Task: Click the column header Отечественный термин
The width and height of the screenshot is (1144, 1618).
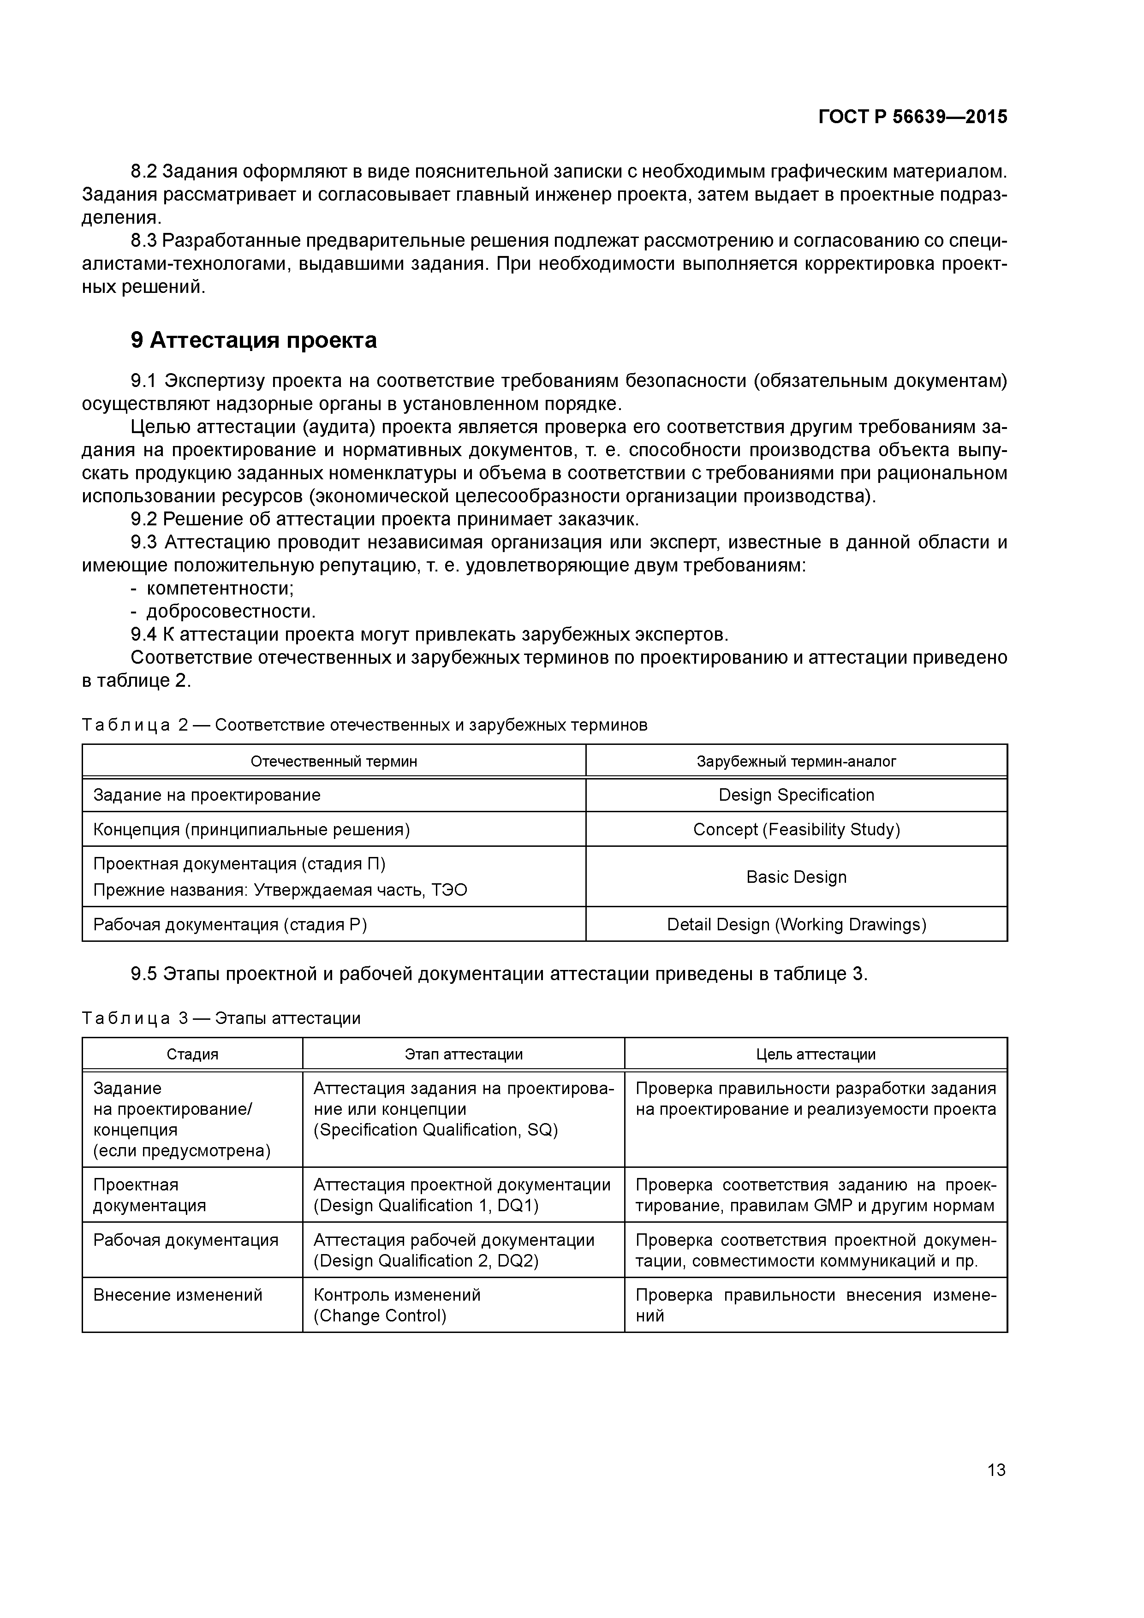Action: [334, 761]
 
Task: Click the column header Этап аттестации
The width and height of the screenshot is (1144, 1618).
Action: [463, 1054]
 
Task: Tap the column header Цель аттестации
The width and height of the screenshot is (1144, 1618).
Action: [816, 1054]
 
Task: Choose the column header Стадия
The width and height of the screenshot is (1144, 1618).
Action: [192, 1054]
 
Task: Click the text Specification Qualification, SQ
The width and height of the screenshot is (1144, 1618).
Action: [435, 1130]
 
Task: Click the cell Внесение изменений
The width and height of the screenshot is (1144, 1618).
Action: [178, 1295]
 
